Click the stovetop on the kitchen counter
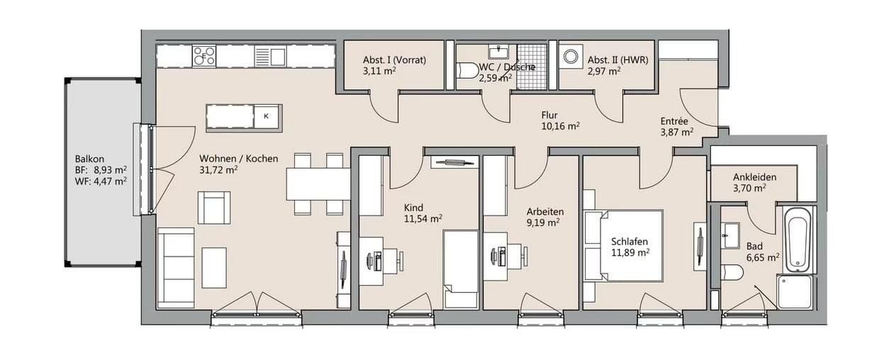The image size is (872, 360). click(x=204, y=56)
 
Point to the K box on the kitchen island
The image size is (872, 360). click(x=267, y=116)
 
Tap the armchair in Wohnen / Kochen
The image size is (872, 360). click(x=214, y=208)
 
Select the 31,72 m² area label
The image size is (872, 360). click(x=218, y=170)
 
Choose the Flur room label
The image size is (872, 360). click(x=549, y=115)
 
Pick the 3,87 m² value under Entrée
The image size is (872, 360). click(x=676, y=132)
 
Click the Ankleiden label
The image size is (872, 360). click(x=755, y=177)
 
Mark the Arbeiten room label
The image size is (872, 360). click(x=544, y=211)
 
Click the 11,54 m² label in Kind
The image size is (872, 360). click(x=423, y=219)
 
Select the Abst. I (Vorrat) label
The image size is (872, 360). click(x=394, y=60)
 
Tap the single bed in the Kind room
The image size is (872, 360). click(x=461, y=269)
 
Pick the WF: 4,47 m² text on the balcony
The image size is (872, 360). click(x=101, y=181)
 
